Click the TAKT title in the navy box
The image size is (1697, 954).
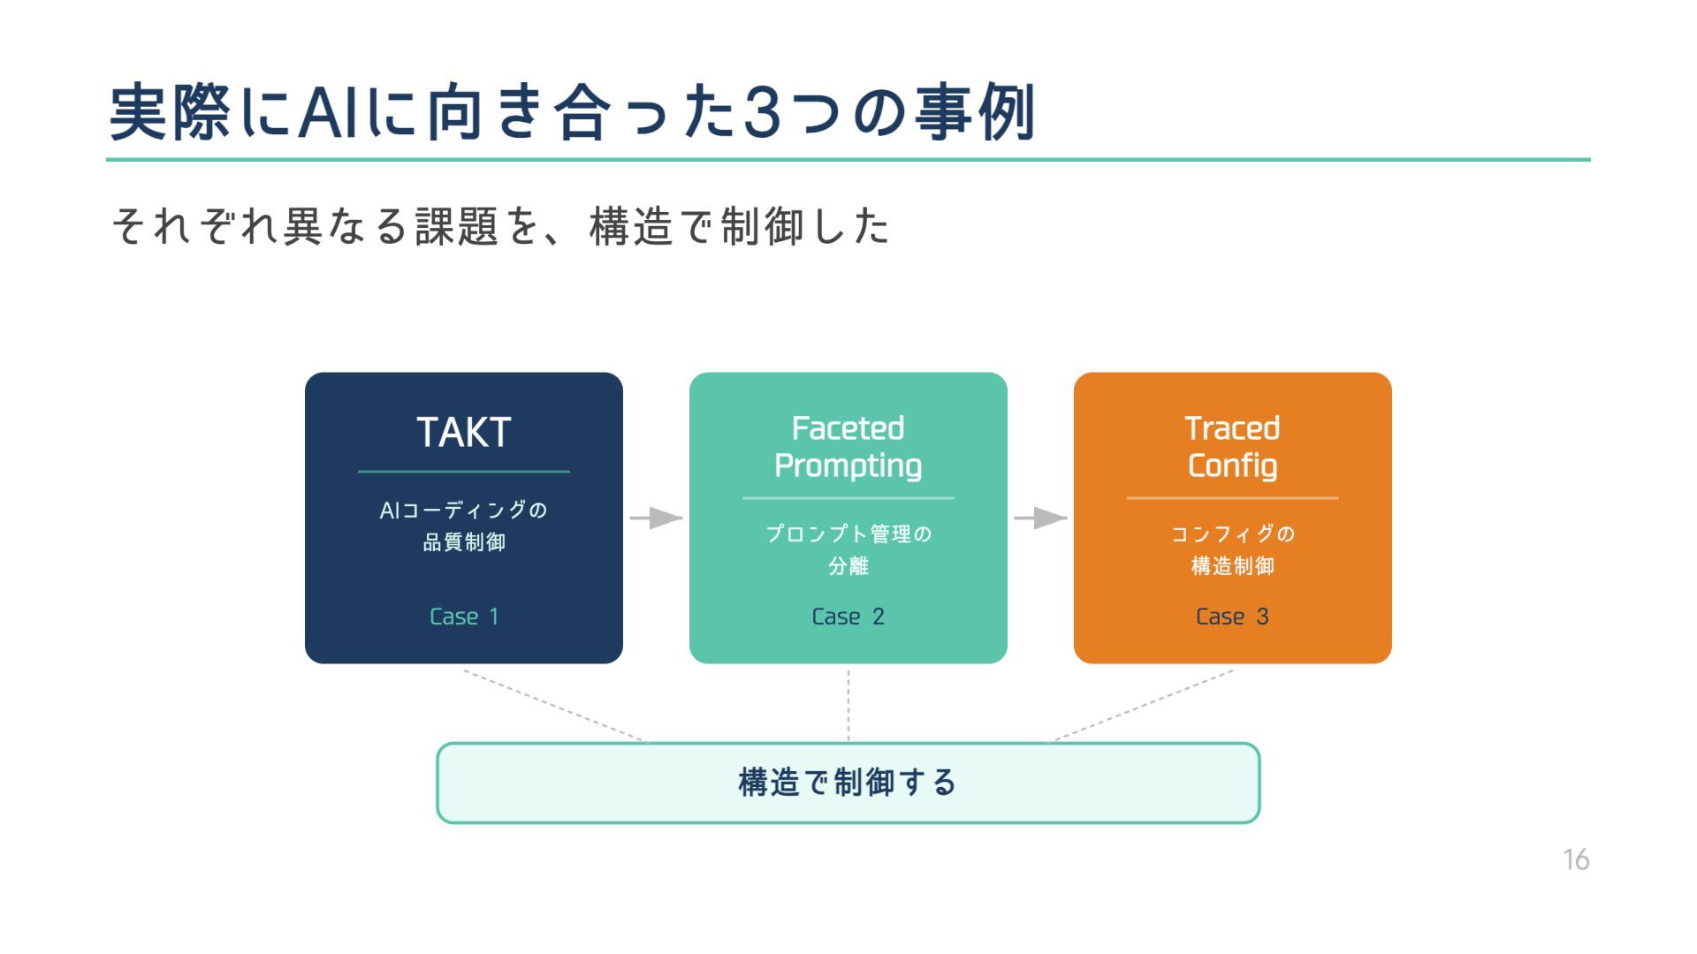[463, 433]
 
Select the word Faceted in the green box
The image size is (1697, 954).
[848, 428]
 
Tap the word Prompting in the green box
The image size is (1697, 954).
[848, 466]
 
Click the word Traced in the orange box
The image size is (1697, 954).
[1232, 428]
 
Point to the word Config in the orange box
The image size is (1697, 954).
[1232, 466]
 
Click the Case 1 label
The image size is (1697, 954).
[464, 617]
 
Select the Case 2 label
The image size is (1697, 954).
[848, 617]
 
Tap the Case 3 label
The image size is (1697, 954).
[1232, 617]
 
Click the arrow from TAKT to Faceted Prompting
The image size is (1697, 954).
[656, 518]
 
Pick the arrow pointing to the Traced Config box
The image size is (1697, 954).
[1040, 518]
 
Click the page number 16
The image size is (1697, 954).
[1575, 859]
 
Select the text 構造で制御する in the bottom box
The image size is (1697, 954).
[848, 783]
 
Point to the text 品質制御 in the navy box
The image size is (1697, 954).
[464, 542]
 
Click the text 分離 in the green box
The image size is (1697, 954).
[848, 566]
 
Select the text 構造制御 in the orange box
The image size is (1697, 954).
[1232, 566]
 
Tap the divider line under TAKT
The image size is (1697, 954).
[463, 472]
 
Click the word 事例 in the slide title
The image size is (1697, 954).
[975, 113]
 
